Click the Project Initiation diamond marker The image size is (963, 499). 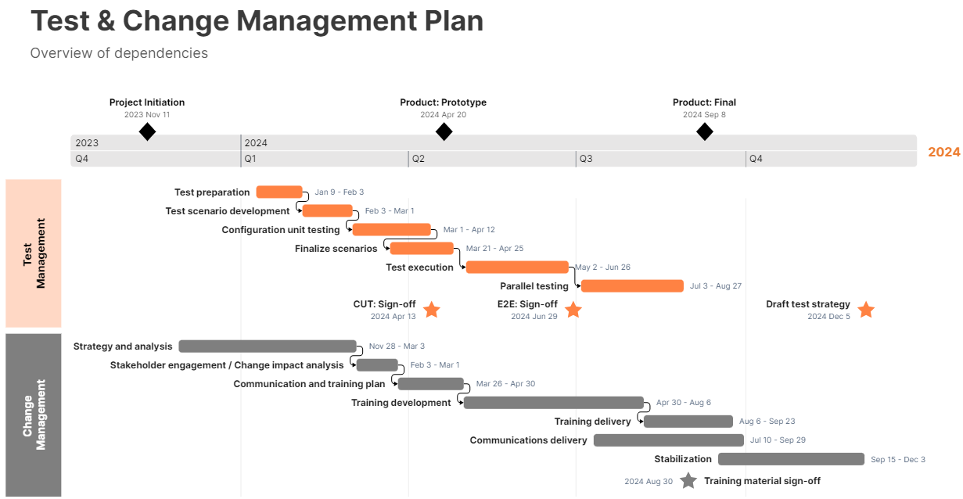(x=147, y=131)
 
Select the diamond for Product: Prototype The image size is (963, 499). (x=444, y=131)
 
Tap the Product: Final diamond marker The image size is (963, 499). (x=705, y=131)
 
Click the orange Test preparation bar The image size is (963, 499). (x=279, y=192)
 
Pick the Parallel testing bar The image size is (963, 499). (x=632, y=285)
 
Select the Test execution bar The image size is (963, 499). (x=517, y=267)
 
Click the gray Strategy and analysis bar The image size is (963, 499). (x=268, y=346)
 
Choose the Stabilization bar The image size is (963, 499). (x=791, y=459)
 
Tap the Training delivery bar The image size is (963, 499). (x=688, y=422)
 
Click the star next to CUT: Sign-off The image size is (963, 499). (x=432, y=310)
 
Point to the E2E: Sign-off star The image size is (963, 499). (x=573, y=310)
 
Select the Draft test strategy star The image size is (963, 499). (x=866, y=310)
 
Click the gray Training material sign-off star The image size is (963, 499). (x=688, y=481)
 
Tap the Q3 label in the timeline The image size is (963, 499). (x=586, y=159)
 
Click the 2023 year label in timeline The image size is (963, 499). (x=87, y=142)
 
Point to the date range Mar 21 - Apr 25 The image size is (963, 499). (x=495, y=249)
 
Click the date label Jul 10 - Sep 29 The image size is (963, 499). (x=778, y=440)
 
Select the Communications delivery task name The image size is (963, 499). (x=528, y=440)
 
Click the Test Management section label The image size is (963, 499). (x=34, y=253)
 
